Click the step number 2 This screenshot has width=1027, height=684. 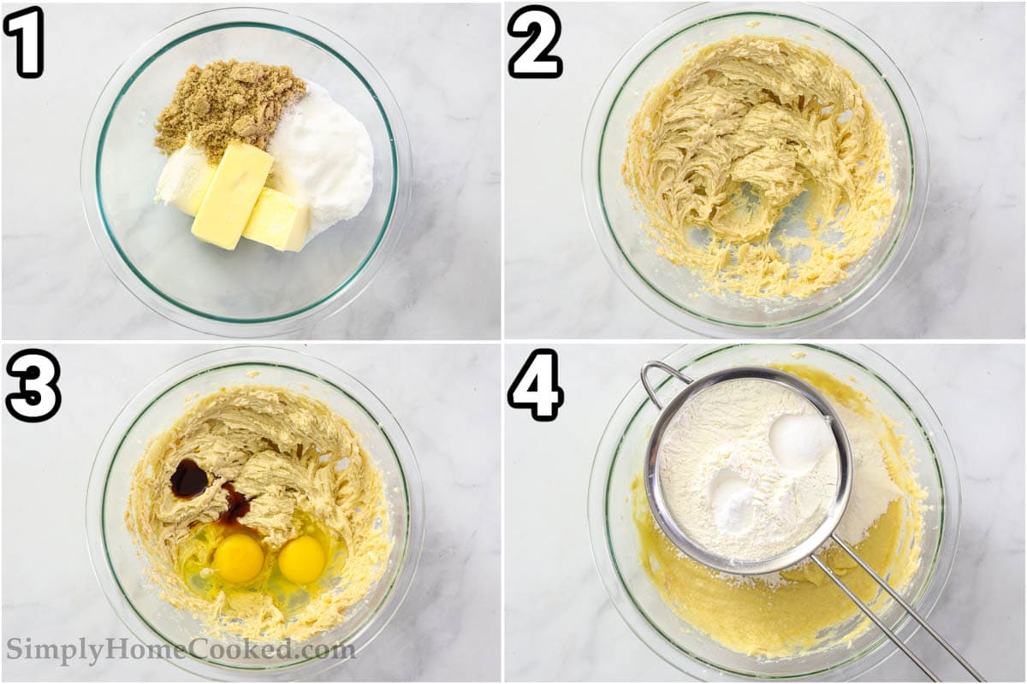click(535, 41)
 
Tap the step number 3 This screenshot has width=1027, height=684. click(33, 385)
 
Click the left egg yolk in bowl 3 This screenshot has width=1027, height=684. click(238, 557)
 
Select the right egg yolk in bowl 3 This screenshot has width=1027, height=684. click(302, 559)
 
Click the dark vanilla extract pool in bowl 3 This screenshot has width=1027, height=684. click(188, 478)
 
